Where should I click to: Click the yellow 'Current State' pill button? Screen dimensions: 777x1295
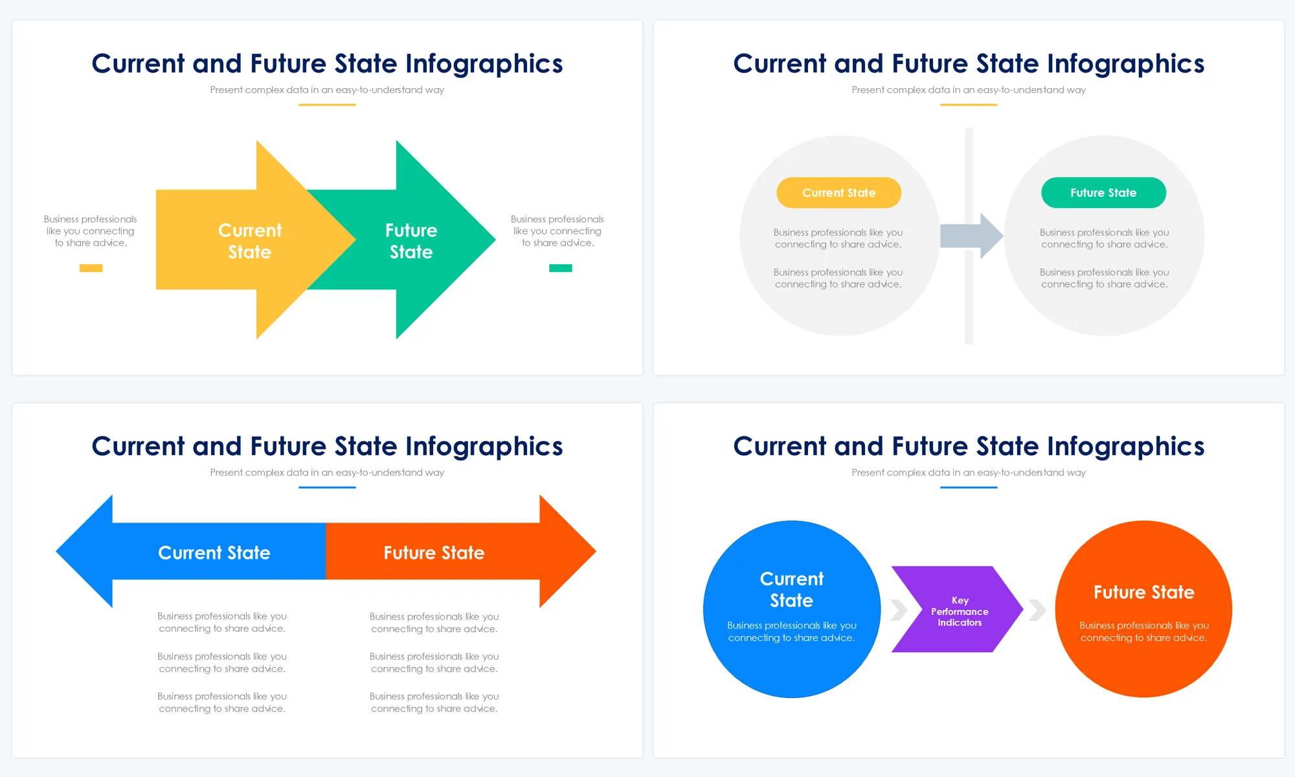click(839, 193)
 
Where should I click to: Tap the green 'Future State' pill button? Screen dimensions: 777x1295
click(1103, 193)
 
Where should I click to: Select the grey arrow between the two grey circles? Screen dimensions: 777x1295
click(971, 236)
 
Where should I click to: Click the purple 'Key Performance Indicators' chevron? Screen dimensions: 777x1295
click(957, 610)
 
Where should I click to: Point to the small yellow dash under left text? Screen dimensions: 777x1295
click(91, 268)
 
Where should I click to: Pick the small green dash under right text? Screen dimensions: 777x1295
click(560, 268)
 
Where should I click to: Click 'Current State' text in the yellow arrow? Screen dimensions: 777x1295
click(249, 241)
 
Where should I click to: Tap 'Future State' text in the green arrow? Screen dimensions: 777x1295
click(411, 241)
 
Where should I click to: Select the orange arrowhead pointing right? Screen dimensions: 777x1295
click(566, 552)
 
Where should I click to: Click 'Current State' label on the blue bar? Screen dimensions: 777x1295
click(214, 553)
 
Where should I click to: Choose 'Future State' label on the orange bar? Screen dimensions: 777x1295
click(434, 553)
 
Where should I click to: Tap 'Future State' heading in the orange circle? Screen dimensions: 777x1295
click(1143, 592)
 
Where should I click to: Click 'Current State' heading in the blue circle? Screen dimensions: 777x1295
click(791, 589)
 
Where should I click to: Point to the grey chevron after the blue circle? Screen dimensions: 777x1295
click(899, 610)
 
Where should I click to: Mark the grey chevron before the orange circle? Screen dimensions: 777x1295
click(1037, 610)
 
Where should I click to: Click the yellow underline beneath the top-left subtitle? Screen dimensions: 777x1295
click(327, 105)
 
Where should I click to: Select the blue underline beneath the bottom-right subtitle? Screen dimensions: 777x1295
click(969, 488)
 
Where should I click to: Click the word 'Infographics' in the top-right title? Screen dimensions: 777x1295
click(1125, 64)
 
